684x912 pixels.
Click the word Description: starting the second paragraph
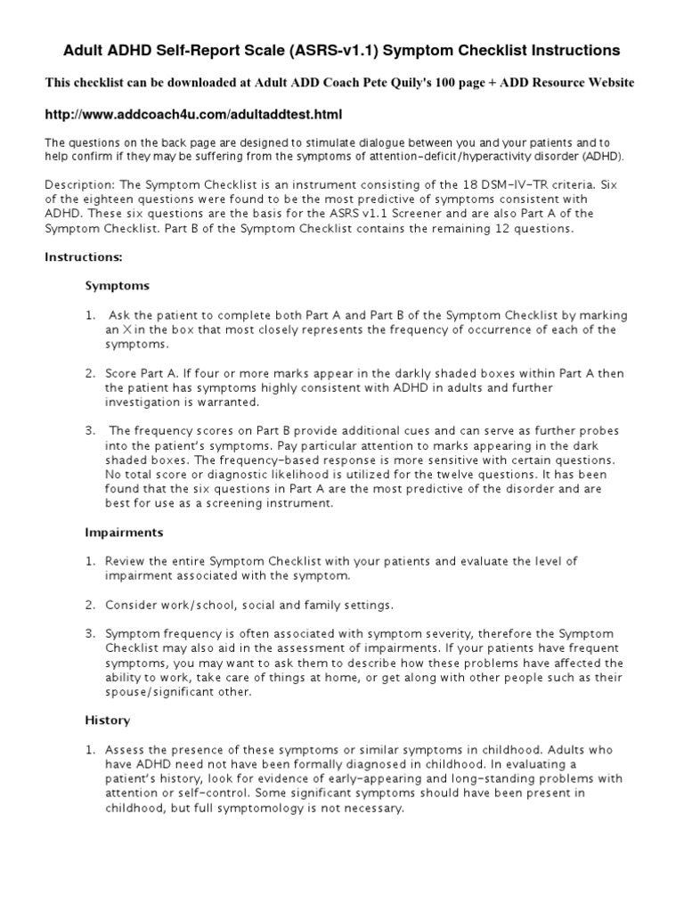78,184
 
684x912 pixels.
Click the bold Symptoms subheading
117,287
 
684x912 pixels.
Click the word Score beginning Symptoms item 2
122,373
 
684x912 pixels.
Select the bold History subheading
107,721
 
